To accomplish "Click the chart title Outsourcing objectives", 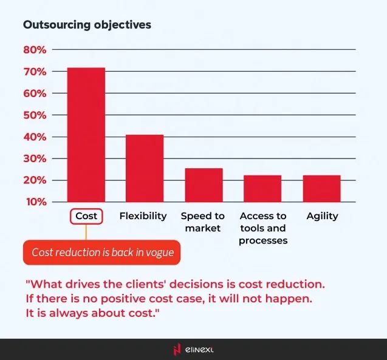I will coord(87,25).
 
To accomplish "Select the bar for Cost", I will coord(86,135).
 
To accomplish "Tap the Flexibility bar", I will coord(144,168).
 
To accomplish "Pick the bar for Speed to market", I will coord(204,185).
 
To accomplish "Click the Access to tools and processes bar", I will coord(262,188).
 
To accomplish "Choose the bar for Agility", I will coord(321,188).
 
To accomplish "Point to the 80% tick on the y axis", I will coord(35,50).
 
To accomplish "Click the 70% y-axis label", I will coord(35,72).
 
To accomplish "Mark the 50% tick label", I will coord(35,115).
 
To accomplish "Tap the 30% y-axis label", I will coord(35,158).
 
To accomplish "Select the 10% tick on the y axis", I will coord(35,202).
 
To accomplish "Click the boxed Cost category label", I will coord(86,216).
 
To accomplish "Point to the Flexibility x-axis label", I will coord(143,216).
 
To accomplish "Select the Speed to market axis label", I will coord(203,222).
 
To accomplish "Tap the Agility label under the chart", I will coord(322,216).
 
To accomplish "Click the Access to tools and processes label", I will coord(262,228).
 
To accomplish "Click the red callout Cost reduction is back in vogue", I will coord(102,253).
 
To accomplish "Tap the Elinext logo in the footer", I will coord(193,349).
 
